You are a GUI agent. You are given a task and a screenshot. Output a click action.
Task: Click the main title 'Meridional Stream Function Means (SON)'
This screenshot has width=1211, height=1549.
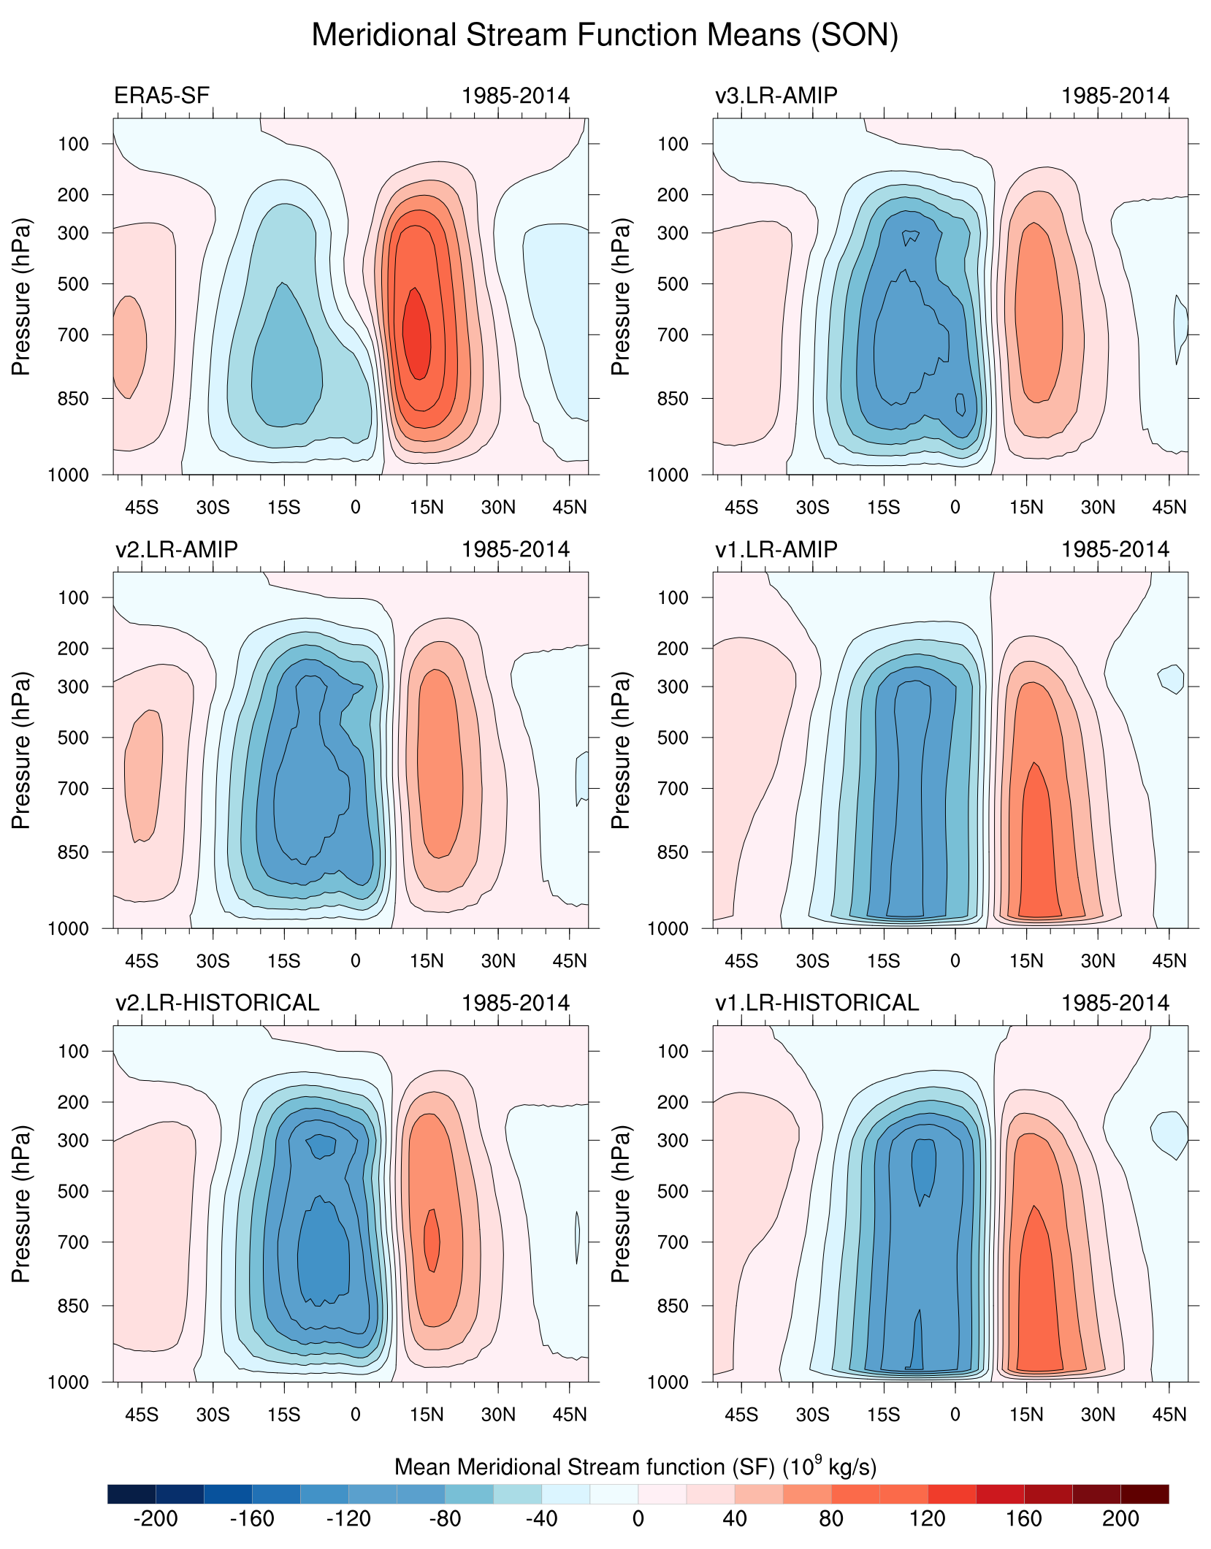tap(605, 35)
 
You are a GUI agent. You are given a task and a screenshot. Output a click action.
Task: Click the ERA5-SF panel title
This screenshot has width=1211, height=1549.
tap(161, 96)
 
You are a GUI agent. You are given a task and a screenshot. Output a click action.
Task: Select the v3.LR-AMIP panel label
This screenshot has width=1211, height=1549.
tap(776, 96)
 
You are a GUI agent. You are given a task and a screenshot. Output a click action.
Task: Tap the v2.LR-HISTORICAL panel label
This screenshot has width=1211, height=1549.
tap(217, 1003)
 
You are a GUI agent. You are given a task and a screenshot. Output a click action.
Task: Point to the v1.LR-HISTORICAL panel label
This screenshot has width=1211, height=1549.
tap(817, 1003)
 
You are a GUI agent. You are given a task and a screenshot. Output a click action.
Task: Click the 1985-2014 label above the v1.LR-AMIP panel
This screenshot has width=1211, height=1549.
tap(1115, 549)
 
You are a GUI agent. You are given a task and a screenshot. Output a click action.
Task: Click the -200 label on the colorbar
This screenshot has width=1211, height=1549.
tap(155, 1519)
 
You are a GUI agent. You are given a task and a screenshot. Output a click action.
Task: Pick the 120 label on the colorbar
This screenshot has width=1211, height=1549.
tap(927, 1519)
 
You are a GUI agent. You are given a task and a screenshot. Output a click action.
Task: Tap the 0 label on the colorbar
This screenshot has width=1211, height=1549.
tap(638, 1519)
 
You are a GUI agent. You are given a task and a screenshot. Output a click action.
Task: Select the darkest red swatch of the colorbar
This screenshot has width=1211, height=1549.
tap(1145, 1493)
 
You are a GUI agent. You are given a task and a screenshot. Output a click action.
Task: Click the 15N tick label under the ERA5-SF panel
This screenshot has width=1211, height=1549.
tap(427, 508)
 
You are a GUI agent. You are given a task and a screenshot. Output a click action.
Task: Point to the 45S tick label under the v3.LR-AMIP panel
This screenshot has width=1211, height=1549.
tap(741, 508)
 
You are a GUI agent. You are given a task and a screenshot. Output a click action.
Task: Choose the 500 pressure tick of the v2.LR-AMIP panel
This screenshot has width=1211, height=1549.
tap(73, 738)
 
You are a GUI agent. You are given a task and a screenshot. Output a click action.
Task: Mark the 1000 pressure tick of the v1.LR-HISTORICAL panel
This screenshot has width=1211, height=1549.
tap(668, 1382)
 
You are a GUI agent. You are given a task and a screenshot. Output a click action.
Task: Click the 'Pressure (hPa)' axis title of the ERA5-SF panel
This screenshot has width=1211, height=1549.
tap(21, 297)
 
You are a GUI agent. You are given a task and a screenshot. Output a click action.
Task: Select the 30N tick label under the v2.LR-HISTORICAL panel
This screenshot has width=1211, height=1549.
tap(498, 1415)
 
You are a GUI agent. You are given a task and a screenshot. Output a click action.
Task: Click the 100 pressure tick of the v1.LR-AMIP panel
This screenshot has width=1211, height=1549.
tap(673, 597)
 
